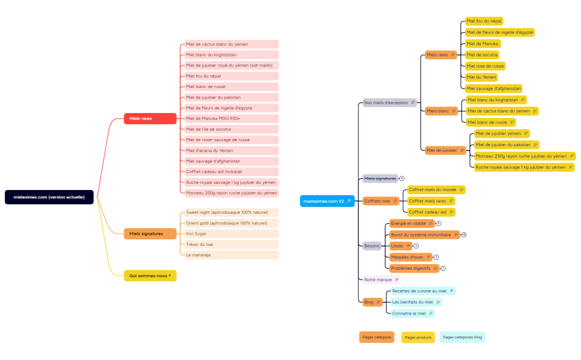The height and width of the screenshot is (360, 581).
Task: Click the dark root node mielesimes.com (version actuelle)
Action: click(49, 197)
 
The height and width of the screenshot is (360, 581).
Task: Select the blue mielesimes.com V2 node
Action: click(327, 201)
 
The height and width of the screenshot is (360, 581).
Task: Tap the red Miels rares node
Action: click(150, 119)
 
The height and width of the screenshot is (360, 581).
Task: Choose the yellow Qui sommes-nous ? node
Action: click(150, 275)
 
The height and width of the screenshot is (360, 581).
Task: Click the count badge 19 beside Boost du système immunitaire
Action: click(464, 235)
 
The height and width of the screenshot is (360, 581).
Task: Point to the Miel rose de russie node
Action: click(485, 66)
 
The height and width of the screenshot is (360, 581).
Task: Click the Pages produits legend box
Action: click(418, 337)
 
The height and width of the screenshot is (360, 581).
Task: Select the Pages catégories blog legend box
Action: click(462, 337)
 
